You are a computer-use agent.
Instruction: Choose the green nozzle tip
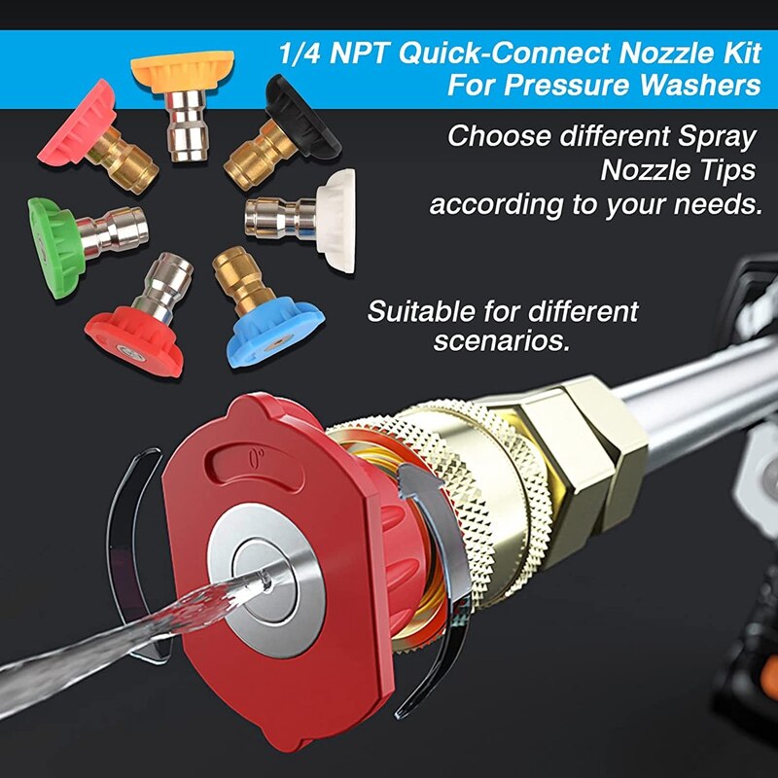(53, 233)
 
